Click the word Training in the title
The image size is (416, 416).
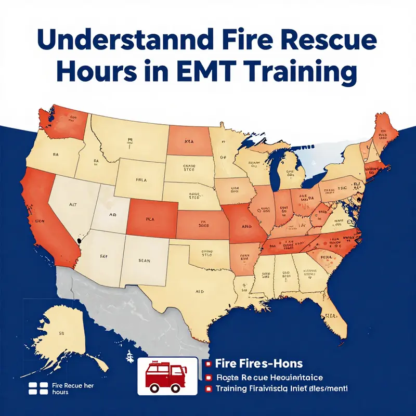[306, 73]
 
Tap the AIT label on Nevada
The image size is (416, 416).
[72, 205]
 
